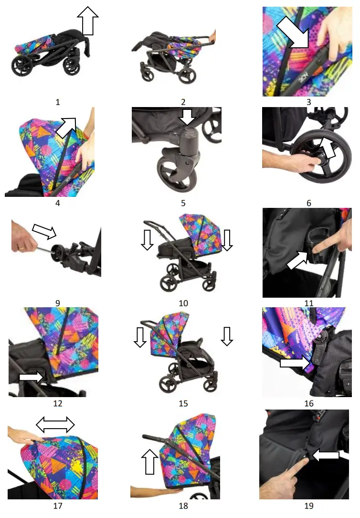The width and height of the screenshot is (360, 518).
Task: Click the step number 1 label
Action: coord(58,102)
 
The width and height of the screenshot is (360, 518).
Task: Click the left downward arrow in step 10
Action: coord(147,239)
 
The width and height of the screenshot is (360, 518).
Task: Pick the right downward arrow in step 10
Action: coord(227,239)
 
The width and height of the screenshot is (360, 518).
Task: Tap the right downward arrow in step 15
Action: coord(227,336)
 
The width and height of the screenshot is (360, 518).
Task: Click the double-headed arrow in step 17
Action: coord(56,424)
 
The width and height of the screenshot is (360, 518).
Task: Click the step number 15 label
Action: coord(183,403)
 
